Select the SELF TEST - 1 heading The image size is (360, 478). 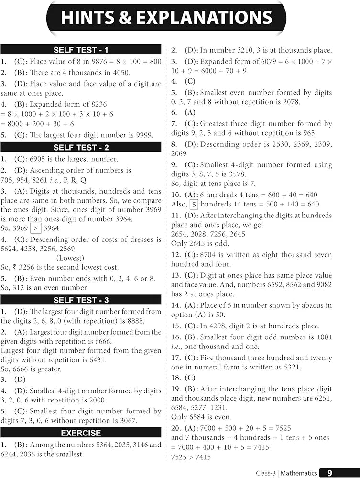81,50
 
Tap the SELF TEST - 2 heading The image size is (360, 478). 81,147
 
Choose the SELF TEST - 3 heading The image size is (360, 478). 81,300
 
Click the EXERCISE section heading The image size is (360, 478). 81,433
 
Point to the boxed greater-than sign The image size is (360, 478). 36,228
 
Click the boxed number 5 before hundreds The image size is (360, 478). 194,205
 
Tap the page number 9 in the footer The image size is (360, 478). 329,473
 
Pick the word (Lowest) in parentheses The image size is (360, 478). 71,258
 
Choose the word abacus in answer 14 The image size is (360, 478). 297,305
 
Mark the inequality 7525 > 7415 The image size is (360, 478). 191,457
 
